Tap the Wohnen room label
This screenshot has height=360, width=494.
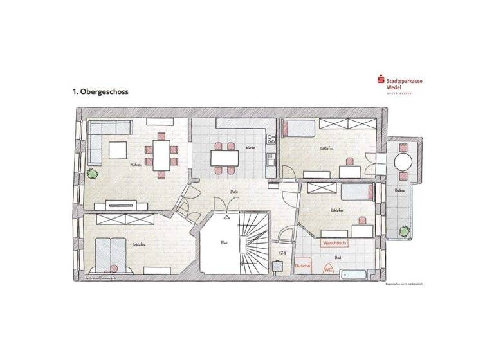coord(136,165)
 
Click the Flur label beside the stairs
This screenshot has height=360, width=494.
coord(224,244)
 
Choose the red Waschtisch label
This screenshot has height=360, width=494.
coord(334,244)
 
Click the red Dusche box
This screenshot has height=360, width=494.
coord(302,265)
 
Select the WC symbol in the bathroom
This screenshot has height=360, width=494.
coord(329,270)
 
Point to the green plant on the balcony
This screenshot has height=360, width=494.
coord(403,230)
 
